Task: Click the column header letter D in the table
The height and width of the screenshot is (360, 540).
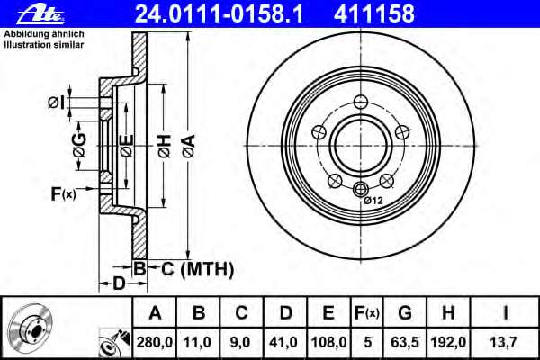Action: pos(285,312)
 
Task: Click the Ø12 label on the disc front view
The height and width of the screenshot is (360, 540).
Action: pos(375,199)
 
